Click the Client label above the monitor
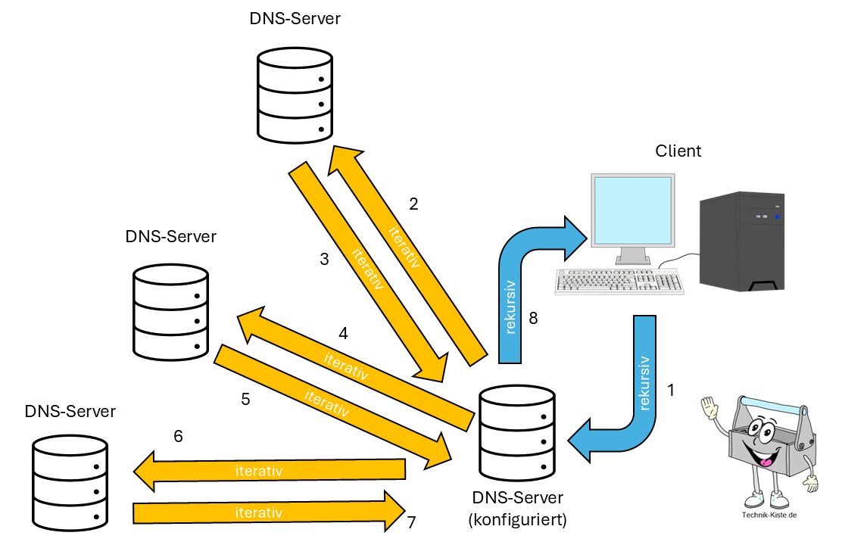coord(678,151)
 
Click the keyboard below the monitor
coord(619,281)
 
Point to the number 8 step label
coord(533,319)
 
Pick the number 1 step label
coord(670,391)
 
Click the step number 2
coord(413,204)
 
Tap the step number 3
coord(325,259)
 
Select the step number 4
coord(343,333)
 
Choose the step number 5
coord(245,399)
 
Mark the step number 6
coord(178,436)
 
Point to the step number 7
coord(411,522)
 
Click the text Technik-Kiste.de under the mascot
coord(769,515)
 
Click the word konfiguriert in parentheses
coord(517,520)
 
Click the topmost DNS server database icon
coord(295,93)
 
